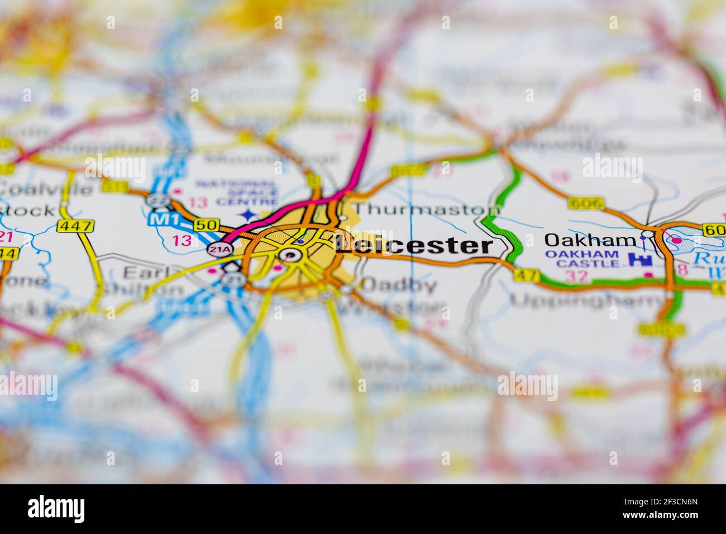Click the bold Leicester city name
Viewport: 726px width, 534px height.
coord(414,246)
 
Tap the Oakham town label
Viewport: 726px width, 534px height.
coord(590,240)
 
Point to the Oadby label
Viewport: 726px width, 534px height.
coord(398,285)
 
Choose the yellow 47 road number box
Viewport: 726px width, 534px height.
coord(527,275)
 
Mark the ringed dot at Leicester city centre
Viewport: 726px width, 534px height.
coord(290,256)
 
